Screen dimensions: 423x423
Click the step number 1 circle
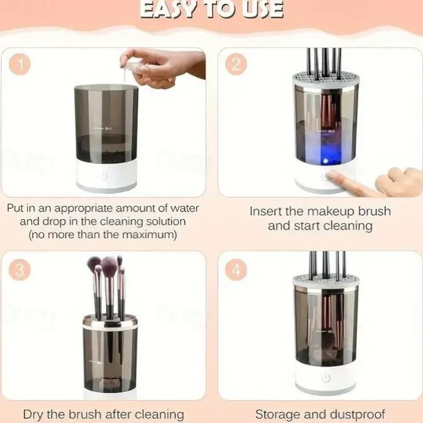tap(21, 64)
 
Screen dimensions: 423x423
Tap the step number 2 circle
tap(236, 64)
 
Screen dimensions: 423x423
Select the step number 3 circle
tap(21, 268)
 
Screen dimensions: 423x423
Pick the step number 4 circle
tap(236, 268)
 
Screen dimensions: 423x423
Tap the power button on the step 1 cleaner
tap(105, 177)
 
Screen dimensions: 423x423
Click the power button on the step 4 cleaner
tap(324, 379)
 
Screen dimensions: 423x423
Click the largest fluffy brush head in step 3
tap(109, 266)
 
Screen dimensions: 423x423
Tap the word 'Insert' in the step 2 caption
tap(266, 211)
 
